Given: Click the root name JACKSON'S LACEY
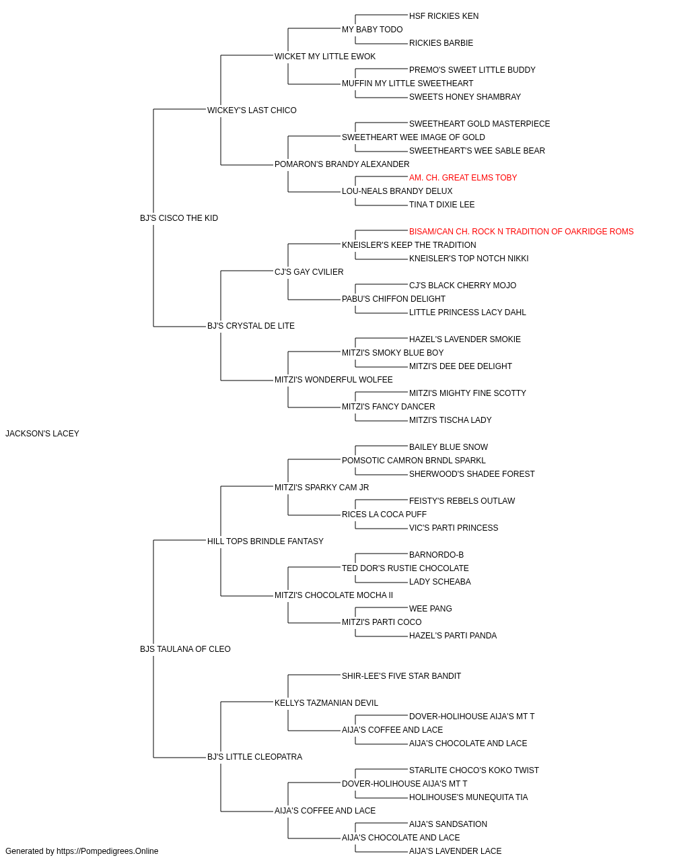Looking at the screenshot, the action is point(42,434).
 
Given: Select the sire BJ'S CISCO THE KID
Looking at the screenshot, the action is point(179,218).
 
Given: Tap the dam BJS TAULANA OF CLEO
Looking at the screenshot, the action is point(185,649).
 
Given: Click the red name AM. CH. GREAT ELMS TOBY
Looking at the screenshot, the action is point(463,178).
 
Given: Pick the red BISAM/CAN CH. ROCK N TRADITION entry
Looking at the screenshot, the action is point(521,232).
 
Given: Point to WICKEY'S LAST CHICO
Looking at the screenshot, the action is point(252,110).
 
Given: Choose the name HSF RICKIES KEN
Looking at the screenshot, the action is point(444,16).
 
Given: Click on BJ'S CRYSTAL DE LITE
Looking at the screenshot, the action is point(251,326).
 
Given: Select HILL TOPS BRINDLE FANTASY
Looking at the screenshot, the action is point(265,541).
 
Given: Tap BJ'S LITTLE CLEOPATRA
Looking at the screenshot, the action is point(254,757).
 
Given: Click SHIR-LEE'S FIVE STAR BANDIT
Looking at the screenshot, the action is point(402,676).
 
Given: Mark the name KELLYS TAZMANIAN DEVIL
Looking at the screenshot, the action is point(326,703).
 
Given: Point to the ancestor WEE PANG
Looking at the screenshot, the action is point(431,609).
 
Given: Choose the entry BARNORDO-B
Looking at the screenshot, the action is point(436,555).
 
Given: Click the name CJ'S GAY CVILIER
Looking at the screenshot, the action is point(309,272).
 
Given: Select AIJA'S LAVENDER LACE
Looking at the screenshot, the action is point(456,851).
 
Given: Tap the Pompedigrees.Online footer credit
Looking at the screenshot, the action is point(81,851).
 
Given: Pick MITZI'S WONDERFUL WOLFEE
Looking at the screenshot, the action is point(334,380).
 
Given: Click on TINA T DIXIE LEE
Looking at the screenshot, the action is point(442,205).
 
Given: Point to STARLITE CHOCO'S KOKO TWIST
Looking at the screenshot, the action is point(474,770).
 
